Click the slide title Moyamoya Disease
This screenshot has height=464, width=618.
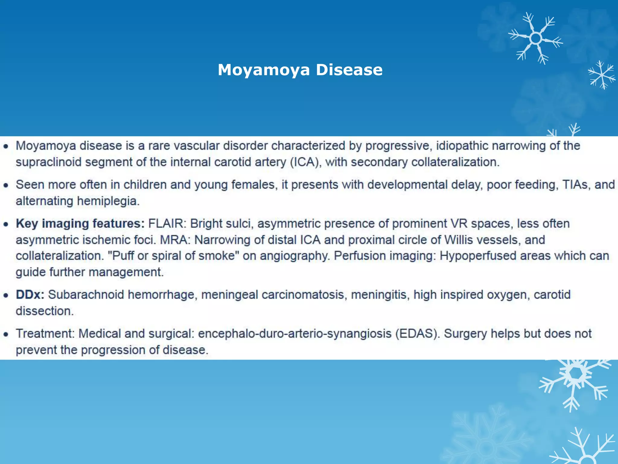[x=300, y=70]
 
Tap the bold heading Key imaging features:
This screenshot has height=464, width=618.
[x=80, y=224]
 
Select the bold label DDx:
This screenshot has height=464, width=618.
[x=30, y=295]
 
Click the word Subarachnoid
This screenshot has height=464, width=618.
[x=86, y=295]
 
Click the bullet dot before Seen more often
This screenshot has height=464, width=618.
[x=6, y=185]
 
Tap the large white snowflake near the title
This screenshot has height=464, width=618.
[x=535, y=38]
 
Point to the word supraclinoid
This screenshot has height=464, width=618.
[x=48, y=163]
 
